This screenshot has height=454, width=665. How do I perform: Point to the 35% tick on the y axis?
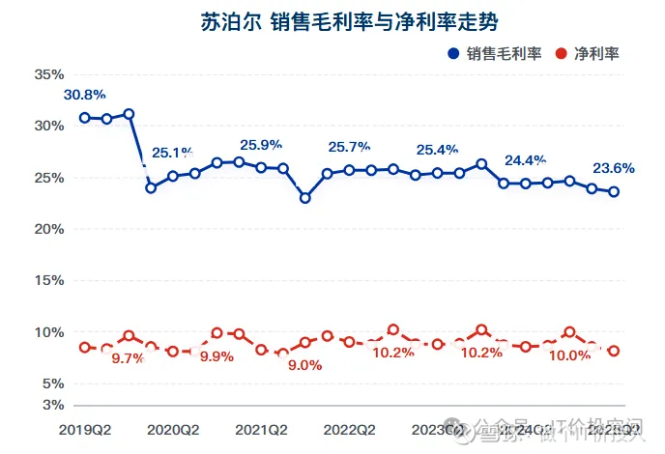(48, 74)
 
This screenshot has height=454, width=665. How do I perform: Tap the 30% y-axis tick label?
(48, 126)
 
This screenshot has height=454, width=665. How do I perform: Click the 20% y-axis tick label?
(48, 229)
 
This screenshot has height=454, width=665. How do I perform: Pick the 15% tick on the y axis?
(48, 280)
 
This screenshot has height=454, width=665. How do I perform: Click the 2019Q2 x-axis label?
(85, 428)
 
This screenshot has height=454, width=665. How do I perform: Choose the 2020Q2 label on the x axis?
(174, 428)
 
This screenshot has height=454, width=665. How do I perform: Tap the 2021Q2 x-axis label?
(262, 428)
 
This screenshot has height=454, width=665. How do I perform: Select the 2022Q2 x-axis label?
(350, 428)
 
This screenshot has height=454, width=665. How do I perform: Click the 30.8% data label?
(85, 95)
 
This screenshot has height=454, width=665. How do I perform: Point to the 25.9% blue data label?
(261, 145)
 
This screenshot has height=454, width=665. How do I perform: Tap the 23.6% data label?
(613, 167)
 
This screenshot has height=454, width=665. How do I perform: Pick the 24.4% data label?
(526, 160)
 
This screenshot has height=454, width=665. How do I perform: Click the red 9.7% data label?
(129, 357)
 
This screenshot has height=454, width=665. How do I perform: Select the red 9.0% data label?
(305, 365)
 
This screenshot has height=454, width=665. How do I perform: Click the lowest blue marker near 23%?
(305, 198)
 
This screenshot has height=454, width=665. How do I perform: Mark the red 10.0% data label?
(569, 354)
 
